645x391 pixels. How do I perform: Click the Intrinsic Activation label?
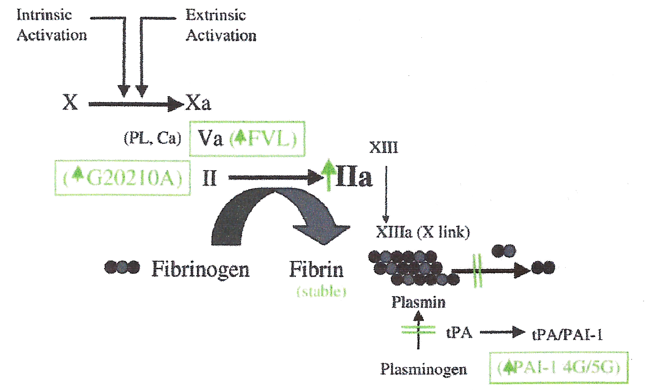(51, 25)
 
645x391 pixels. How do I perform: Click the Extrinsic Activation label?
(221, 25)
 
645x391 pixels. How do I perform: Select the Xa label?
(198, 103)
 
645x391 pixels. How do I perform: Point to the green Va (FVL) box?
(247, 139)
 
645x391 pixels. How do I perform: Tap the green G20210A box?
(123, 178)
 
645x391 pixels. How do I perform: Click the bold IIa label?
(354, 177)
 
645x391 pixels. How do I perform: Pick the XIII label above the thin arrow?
(384, 147)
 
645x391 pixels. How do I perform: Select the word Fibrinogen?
(200, 269)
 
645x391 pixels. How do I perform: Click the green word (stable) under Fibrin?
(321, 291)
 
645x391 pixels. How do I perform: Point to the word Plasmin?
(418, 302)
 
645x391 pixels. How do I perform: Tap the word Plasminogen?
(424, 369)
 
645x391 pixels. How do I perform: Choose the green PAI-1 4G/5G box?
(559, 367)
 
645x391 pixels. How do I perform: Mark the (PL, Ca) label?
(152, 138)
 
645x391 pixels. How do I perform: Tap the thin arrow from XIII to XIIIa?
(386, 194)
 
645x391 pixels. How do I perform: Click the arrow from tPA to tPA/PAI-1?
(502, 332)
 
